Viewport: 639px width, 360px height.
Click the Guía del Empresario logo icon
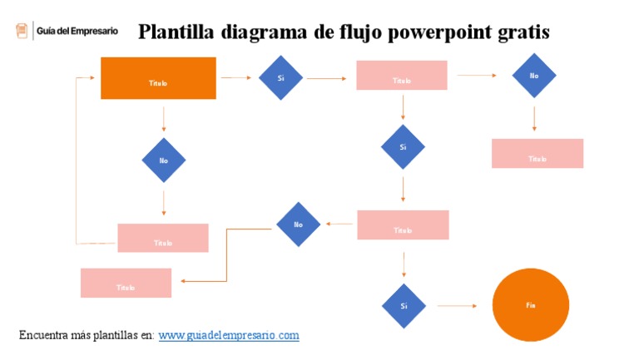coord(22,31)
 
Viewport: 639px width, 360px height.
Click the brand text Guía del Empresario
coord(77,31)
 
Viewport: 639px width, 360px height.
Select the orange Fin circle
coord(530,305)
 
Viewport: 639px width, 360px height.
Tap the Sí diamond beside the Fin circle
coord(404,305)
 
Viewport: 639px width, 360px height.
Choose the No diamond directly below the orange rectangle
coord(164,160)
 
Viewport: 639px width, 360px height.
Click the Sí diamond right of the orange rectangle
coord(280,77)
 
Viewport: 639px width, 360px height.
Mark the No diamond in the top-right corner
coord(534,76)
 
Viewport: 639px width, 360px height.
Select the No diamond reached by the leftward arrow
coord(298,224)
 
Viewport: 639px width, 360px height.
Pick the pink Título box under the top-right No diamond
coord(537,154)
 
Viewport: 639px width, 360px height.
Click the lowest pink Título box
coord(126,283)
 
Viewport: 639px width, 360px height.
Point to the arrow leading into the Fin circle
coord(457,306)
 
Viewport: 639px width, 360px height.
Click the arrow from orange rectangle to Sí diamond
coord(236,78)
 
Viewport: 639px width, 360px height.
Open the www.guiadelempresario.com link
coord(228,335)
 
